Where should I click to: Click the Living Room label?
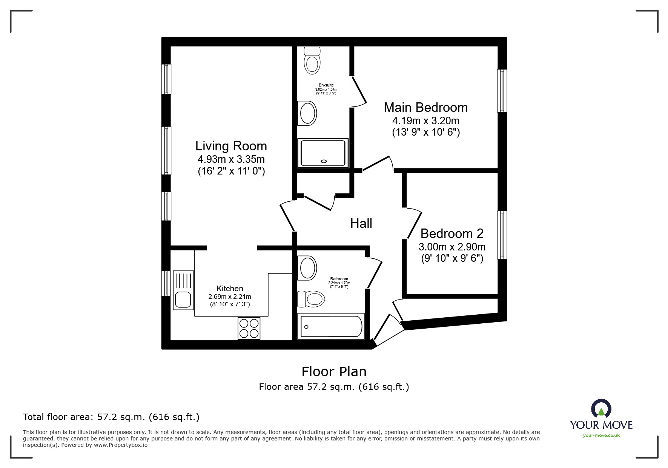point(231,146)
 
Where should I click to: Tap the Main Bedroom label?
point(425,108)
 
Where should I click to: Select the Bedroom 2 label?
point(452,233)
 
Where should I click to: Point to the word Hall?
point(361,223)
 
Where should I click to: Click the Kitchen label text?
point(230,289)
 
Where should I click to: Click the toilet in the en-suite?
point(312,60)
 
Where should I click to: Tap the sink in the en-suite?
point(307,113)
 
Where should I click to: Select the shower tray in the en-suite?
point(323,153)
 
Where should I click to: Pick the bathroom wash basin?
point(307,268)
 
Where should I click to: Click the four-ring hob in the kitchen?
point(249,328)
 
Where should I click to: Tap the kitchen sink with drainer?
point(183,290)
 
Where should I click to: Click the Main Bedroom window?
point(502,91)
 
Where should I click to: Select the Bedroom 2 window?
point(502,235)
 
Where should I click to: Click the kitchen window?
point(166,283)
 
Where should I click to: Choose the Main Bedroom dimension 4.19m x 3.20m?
point(426,121)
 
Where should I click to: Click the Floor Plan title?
point(334,372)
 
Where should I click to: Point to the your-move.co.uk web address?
point(601,436)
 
